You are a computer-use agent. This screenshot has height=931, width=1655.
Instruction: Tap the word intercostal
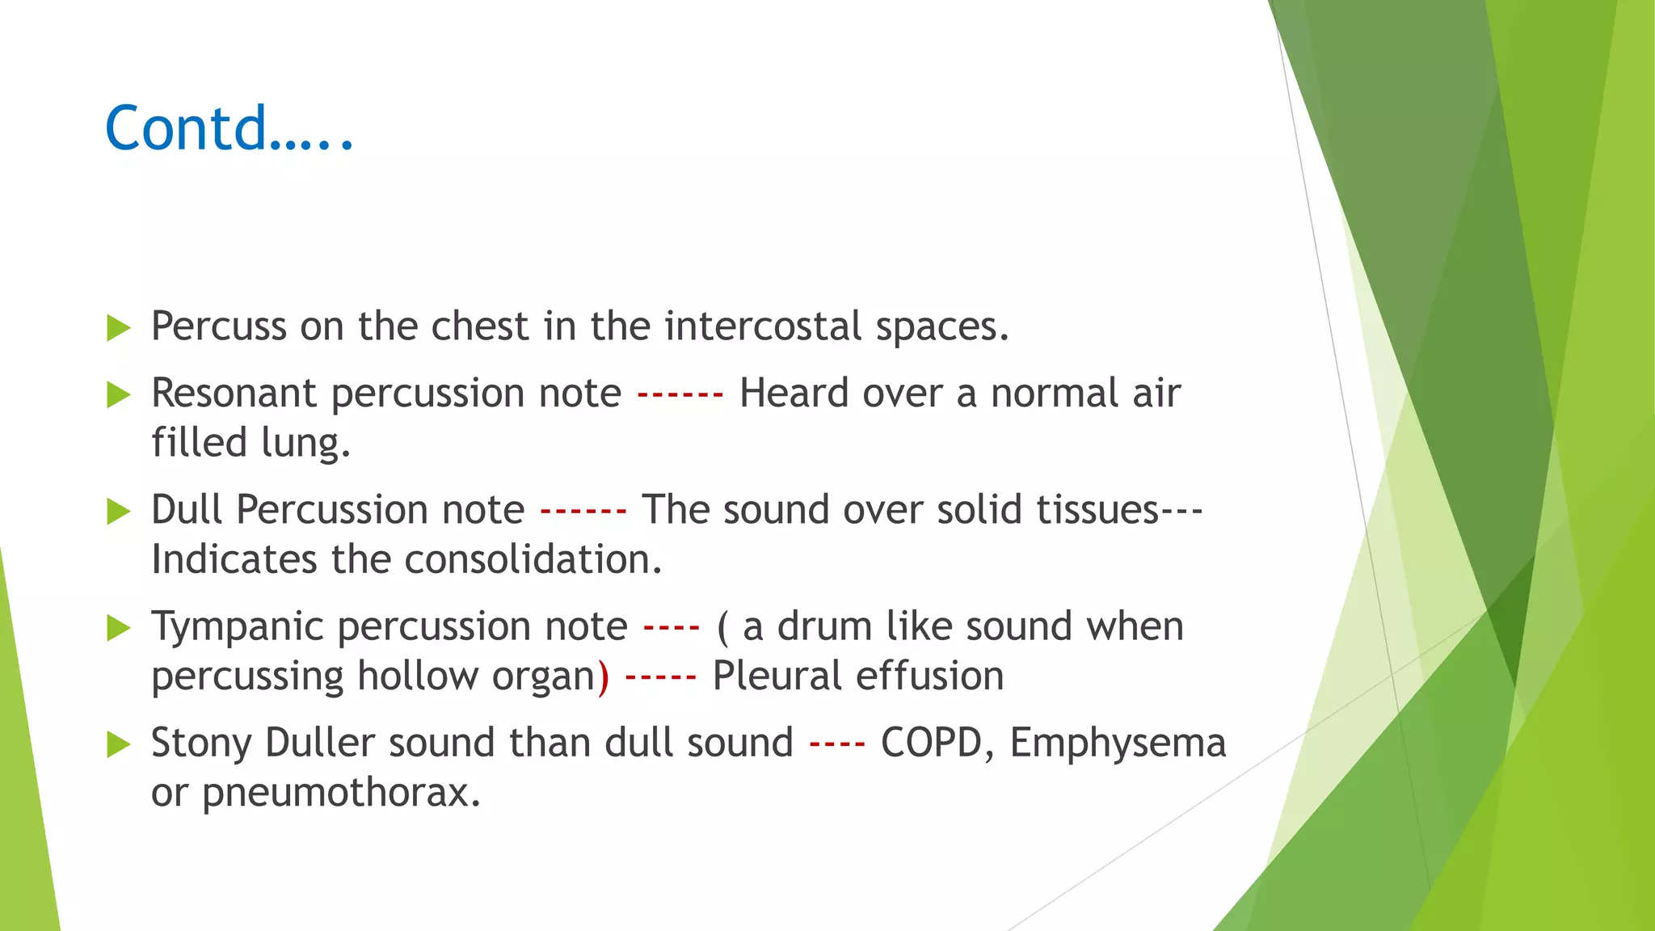[x=763, y=326]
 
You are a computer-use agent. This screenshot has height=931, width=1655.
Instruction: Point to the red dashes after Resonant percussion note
[x=680, y=396]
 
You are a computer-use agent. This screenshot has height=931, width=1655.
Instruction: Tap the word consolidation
[x=533, y=559]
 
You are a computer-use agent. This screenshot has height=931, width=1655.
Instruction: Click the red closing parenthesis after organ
[x=603, y=677]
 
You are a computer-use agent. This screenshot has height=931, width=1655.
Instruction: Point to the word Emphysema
[x=1118, y=744]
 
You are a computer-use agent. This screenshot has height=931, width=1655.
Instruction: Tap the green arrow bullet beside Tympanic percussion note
[x=119, y=628]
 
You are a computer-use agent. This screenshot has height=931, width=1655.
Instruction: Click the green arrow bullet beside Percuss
[x=119, y=328]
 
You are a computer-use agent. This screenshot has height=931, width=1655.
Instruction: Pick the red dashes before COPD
[x=836, y=744]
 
